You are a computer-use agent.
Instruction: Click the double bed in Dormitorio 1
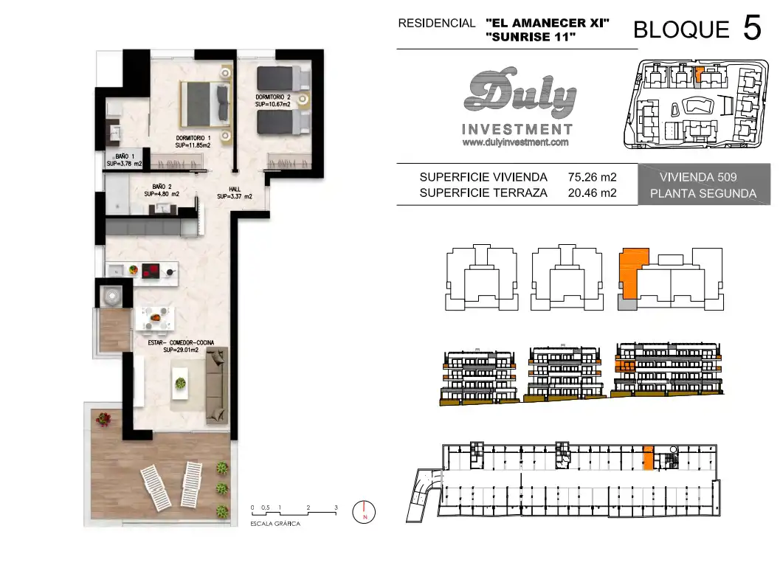[x=205, y=103]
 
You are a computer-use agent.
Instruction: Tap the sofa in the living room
[x=217, y=386]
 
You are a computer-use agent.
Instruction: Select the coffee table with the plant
[x=180, y=383]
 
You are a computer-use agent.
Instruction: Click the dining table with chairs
[x=156, y=319]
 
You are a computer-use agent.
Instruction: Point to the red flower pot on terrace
[x=103, y=419]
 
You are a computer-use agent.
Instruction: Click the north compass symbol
[x=364, y=512]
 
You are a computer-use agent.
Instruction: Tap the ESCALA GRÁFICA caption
[x=275, y=524]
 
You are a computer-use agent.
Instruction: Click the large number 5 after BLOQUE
[x=752, y=27]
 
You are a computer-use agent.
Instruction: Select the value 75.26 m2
[x=593, y=177]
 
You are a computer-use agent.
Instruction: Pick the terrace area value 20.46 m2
[x=593, y=193]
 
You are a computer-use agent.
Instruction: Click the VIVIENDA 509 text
[x=698, y=177]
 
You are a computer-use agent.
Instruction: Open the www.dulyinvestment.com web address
[x=515, y=142]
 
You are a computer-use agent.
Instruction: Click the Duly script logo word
[x=520, y=93]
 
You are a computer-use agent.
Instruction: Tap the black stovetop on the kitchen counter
[x=151, y=271]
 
